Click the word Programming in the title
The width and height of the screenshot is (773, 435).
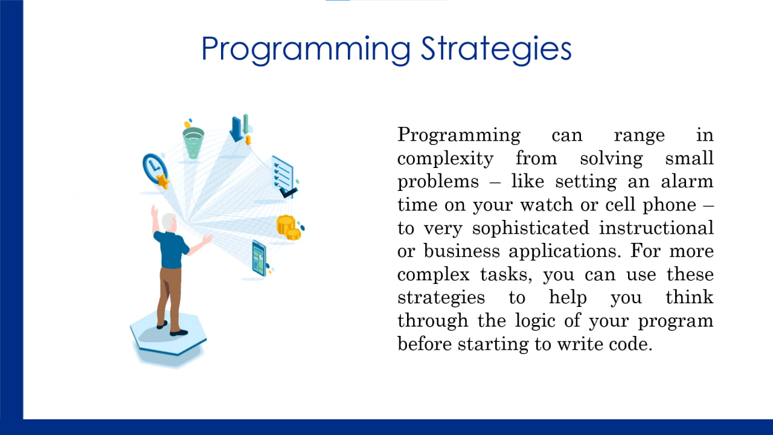tap(306, 50)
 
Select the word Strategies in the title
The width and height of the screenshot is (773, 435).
tap(496, 50)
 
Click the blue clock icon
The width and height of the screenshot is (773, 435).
tap(154, 169)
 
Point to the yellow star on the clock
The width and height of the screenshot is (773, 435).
tap(162, 181)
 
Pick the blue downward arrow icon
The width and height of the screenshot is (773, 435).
tap(236, 129)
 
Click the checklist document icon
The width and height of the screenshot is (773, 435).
tap(283, 175)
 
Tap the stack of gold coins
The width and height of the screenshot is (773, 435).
tap(288, 228)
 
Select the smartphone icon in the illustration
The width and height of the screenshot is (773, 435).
tap(259, 258)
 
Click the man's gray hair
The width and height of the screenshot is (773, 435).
tap(169, 221)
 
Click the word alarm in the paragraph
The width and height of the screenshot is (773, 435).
tap(687, 182)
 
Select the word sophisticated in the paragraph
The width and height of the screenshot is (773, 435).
tap(530, 228)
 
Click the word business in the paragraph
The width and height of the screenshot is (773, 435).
tap(462, 251)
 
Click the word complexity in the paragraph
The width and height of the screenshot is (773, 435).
tap(445, 159)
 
